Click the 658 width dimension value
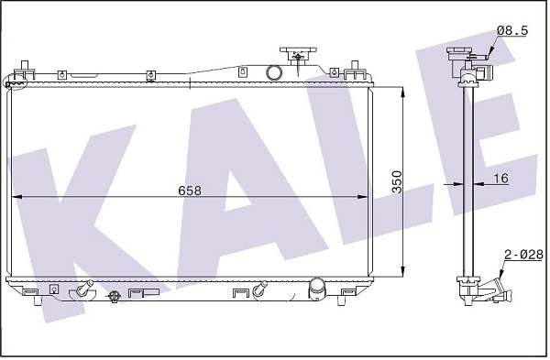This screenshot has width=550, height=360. click(x=190, y=191)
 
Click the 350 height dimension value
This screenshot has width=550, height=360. click(x=397, y=182)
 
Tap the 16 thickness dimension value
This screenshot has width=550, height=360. click(x=500, y=178)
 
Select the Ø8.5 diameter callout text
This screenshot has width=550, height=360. click(x=512, y=31)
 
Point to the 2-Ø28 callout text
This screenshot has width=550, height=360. click(x=523, y=255)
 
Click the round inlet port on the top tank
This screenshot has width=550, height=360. click(x=274, y=72)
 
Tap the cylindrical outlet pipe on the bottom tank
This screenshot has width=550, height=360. click(x=317, y=289)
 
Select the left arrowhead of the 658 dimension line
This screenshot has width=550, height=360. click(x=16, y=197)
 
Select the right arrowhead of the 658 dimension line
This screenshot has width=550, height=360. click(x=362, y=197)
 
